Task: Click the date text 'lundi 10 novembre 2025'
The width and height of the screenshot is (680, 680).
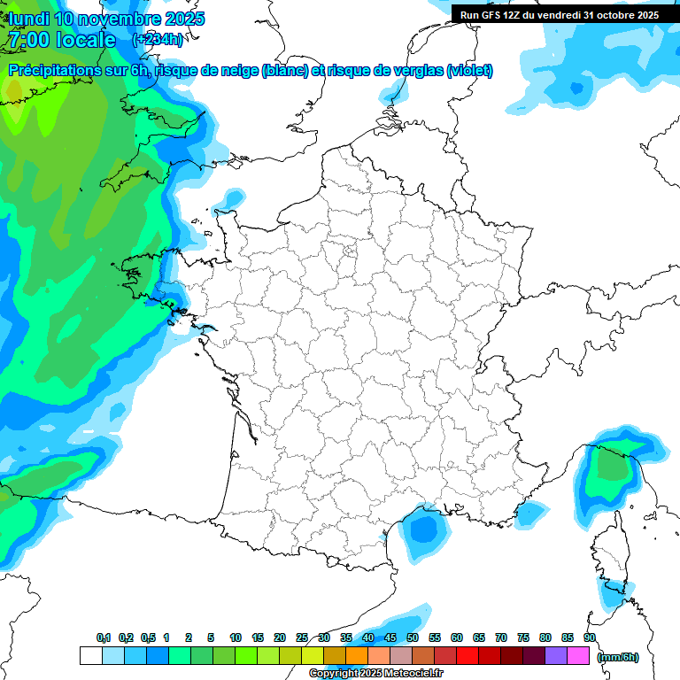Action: (x=106, y=19)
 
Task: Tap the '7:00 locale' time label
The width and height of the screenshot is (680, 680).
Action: (x=61, y=40)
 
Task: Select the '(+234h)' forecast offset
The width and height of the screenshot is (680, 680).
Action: (x=157, y=40)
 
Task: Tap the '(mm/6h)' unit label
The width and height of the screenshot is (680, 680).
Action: (x=618, y=657)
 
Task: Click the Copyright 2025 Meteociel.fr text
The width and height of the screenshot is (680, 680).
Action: (x=375, y=674)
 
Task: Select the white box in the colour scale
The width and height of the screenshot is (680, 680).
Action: (x=90, y=656)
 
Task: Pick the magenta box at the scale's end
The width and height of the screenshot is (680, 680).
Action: (x=578, y=656)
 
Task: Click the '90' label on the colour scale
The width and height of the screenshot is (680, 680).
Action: (x=590, y=637)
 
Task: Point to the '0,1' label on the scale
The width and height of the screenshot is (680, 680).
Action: (x=104, y=637)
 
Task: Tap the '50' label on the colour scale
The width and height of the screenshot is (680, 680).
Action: (x=413, y=637)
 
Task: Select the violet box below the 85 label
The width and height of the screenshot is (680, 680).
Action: (x=556, y=656)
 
